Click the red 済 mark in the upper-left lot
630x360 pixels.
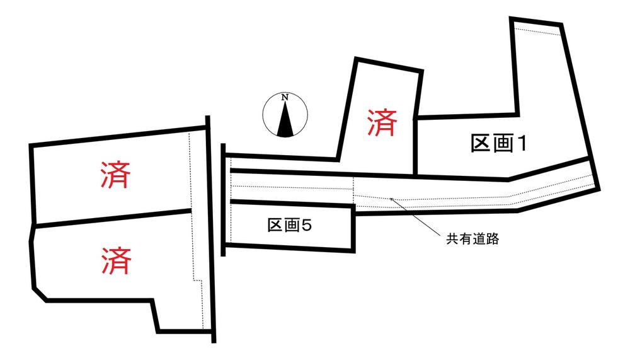(115, 175)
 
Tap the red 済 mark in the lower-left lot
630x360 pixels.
(116, 260)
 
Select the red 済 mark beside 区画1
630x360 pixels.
(382, 122)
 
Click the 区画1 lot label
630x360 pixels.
(498, 144)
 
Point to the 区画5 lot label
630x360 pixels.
(290, 225)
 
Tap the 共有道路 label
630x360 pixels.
(472, 239)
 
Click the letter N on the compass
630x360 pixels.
(285, 97)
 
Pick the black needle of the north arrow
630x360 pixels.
(285, 119)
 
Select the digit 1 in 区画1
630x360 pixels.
(521, 144)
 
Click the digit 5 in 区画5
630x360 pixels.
(306, 226)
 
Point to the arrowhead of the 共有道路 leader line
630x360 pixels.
(391, 199)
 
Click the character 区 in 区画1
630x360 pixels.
(481, 144)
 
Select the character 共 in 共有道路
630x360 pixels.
(453, 239)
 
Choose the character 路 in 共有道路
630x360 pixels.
(493, 239)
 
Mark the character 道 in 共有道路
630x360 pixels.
(479, 239)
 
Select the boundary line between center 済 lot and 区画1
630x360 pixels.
(416, 147)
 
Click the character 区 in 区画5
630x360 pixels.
(275, 225)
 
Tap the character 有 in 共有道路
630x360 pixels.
(466, 239)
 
